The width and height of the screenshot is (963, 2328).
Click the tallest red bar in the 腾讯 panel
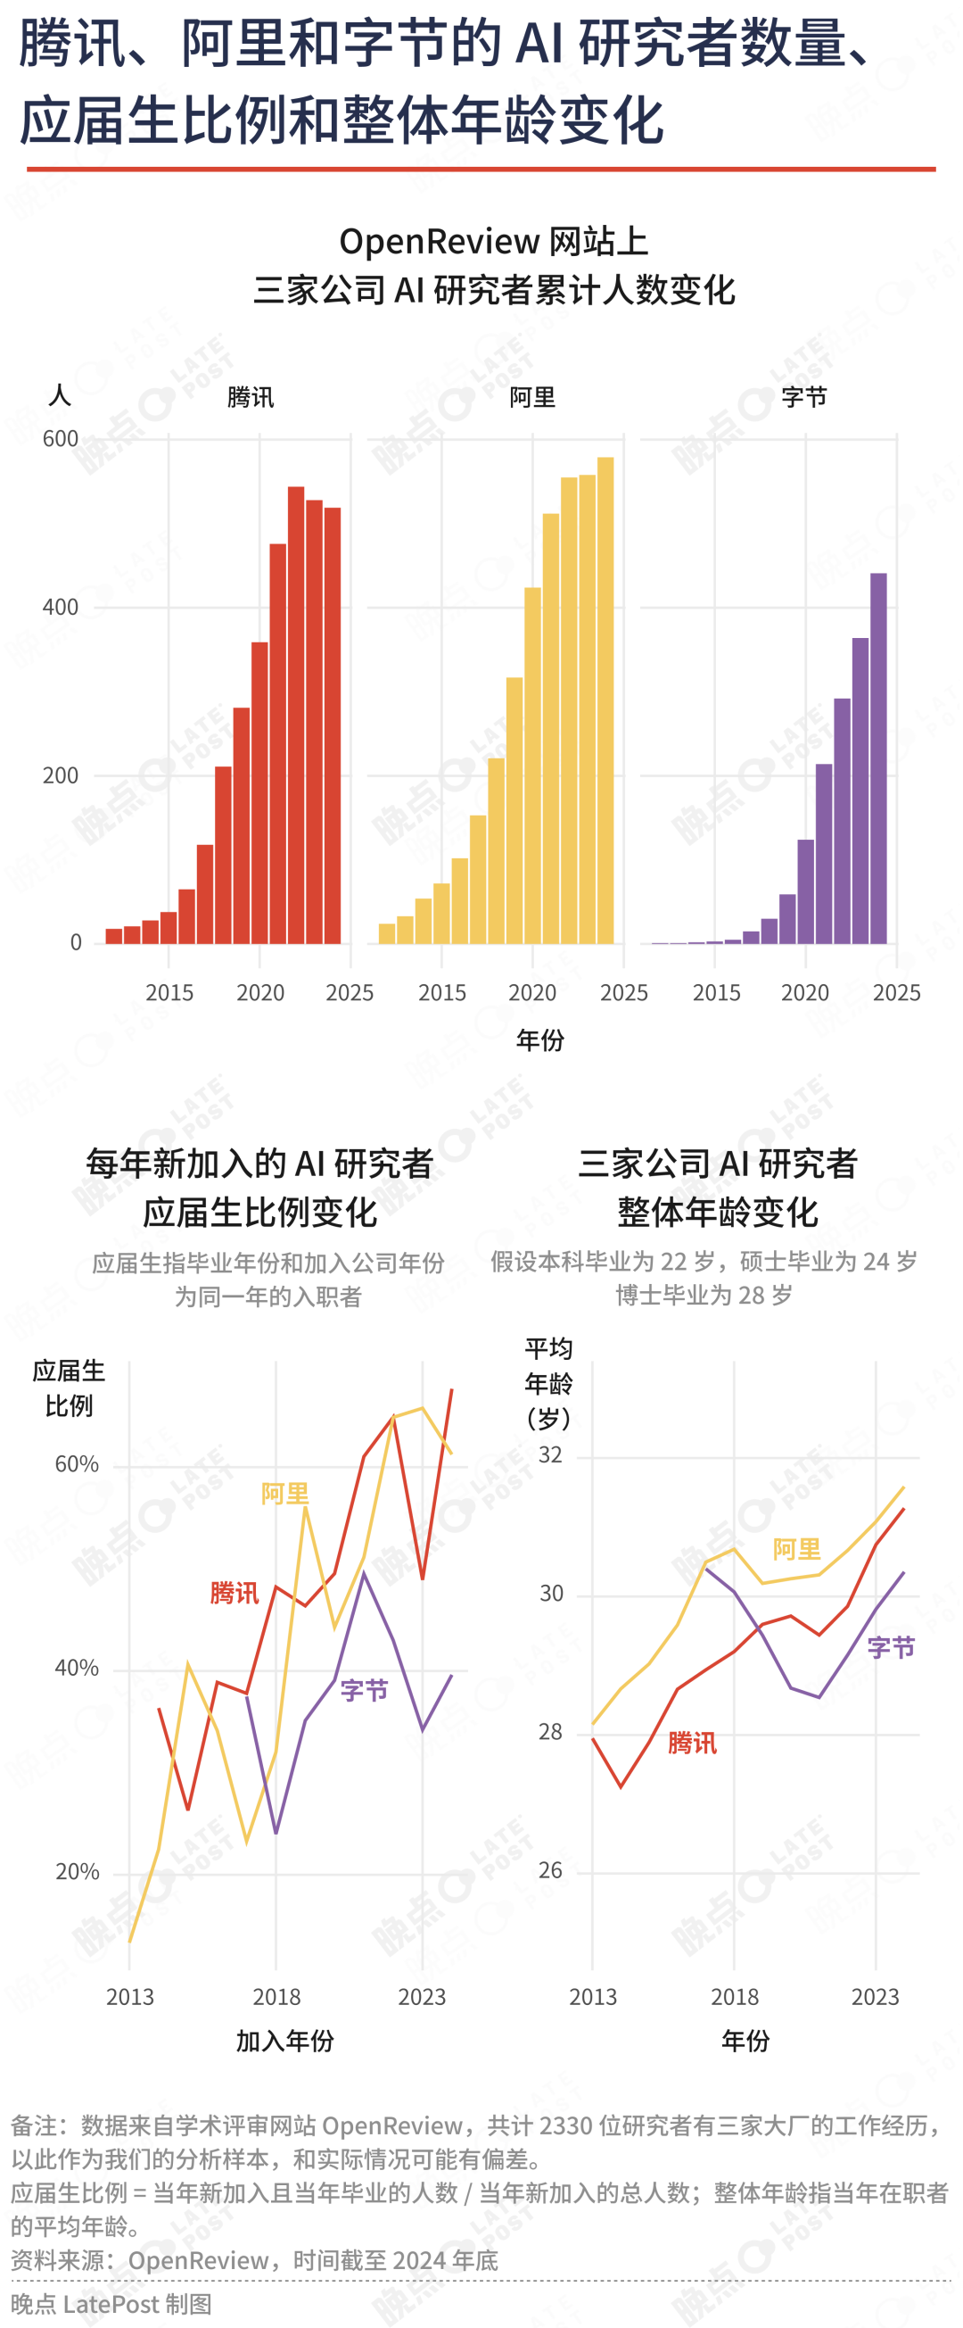tap(295, 714)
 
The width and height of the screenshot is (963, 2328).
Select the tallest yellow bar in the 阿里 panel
tap(605, 700)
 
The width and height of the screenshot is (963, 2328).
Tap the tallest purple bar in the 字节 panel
tap(878, 759)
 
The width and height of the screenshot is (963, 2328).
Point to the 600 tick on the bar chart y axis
tap(61, 439)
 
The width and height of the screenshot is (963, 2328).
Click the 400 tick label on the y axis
tap(61, 608)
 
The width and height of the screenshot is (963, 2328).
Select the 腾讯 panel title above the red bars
tap(251, 398)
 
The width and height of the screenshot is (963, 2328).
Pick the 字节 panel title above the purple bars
tap(804, 398)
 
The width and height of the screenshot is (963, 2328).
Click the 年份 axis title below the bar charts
tap(540, 1040)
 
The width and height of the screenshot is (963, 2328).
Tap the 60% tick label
tap(77, 1464)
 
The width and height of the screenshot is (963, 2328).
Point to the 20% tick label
tap(77, 1872)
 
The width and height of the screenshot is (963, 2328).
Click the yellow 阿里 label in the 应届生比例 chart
tap(284, 1494)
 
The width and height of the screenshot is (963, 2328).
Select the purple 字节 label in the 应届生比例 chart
tap(364, 1691)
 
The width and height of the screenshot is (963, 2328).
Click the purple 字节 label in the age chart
tap(891, 1647)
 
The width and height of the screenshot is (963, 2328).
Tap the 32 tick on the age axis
tap(550, 1455)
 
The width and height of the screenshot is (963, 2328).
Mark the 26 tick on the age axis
tap(550, 1871)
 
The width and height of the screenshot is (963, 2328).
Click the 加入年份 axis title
tap(284, 2041)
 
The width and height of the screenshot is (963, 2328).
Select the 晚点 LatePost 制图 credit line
tap(111, 2304)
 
